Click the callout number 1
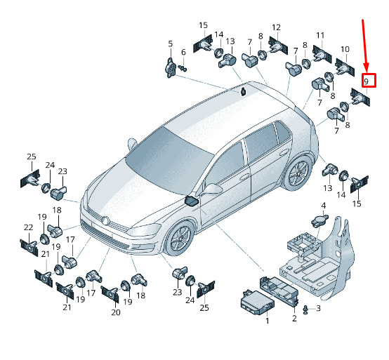[268, 321]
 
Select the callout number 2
[294, 318]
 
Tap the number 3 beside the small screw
[318, 308]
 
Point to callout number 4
[324, 206]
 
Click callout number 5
[170, 44]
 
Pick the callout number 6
[183, 53]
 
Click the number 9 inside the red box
[366, 81]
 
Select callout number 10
[345, 49]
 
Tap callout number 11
[320, 36]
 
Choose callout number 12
[276, 27]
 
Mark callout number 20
[116, 313]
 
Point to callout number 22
[28, 227]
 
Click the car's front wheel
[180, 239]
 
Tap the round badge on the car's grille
[106, 220]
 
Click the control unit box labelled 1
[257, 302]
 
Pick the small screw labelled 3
[306, 310]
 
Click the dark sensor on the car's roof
[244, 91]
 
